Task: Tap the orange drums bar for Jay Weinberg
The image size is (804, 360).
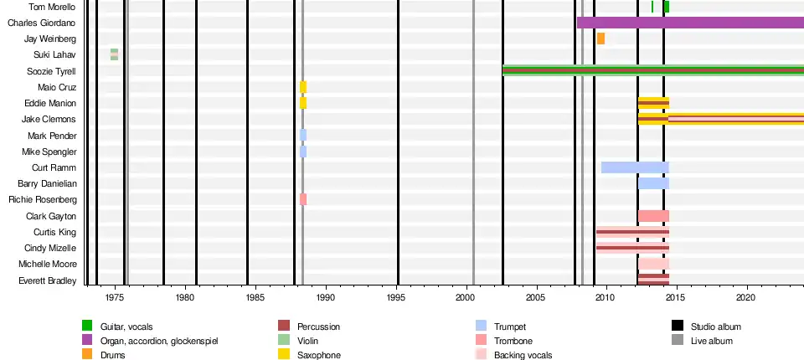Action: click(600, 39)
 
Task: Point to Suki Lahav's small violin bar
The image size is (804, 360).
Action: click(114, 54)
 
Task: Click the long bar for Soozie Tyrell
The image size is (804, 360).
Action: click(653, 70)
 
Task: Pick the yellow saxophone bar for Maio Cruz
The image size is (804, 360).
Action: click(303, 87)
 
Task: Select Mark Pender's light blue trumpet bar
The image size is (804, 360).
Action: click(303, 135)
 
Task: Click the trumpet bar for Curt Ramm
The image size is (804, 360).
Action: click(635, 167)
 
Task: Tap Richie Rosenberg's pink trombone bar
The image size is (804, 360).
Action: click(303, 199)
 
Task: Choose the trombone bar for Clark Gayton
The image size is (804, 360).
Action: click(653, 216)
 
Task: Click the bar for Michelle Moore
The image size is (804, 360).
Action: click(653, 264)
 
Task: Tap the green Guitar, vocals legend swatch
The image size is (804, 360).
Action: click(87, 326)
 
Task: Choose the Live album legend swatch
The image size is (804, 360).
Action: click(678, 341)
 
